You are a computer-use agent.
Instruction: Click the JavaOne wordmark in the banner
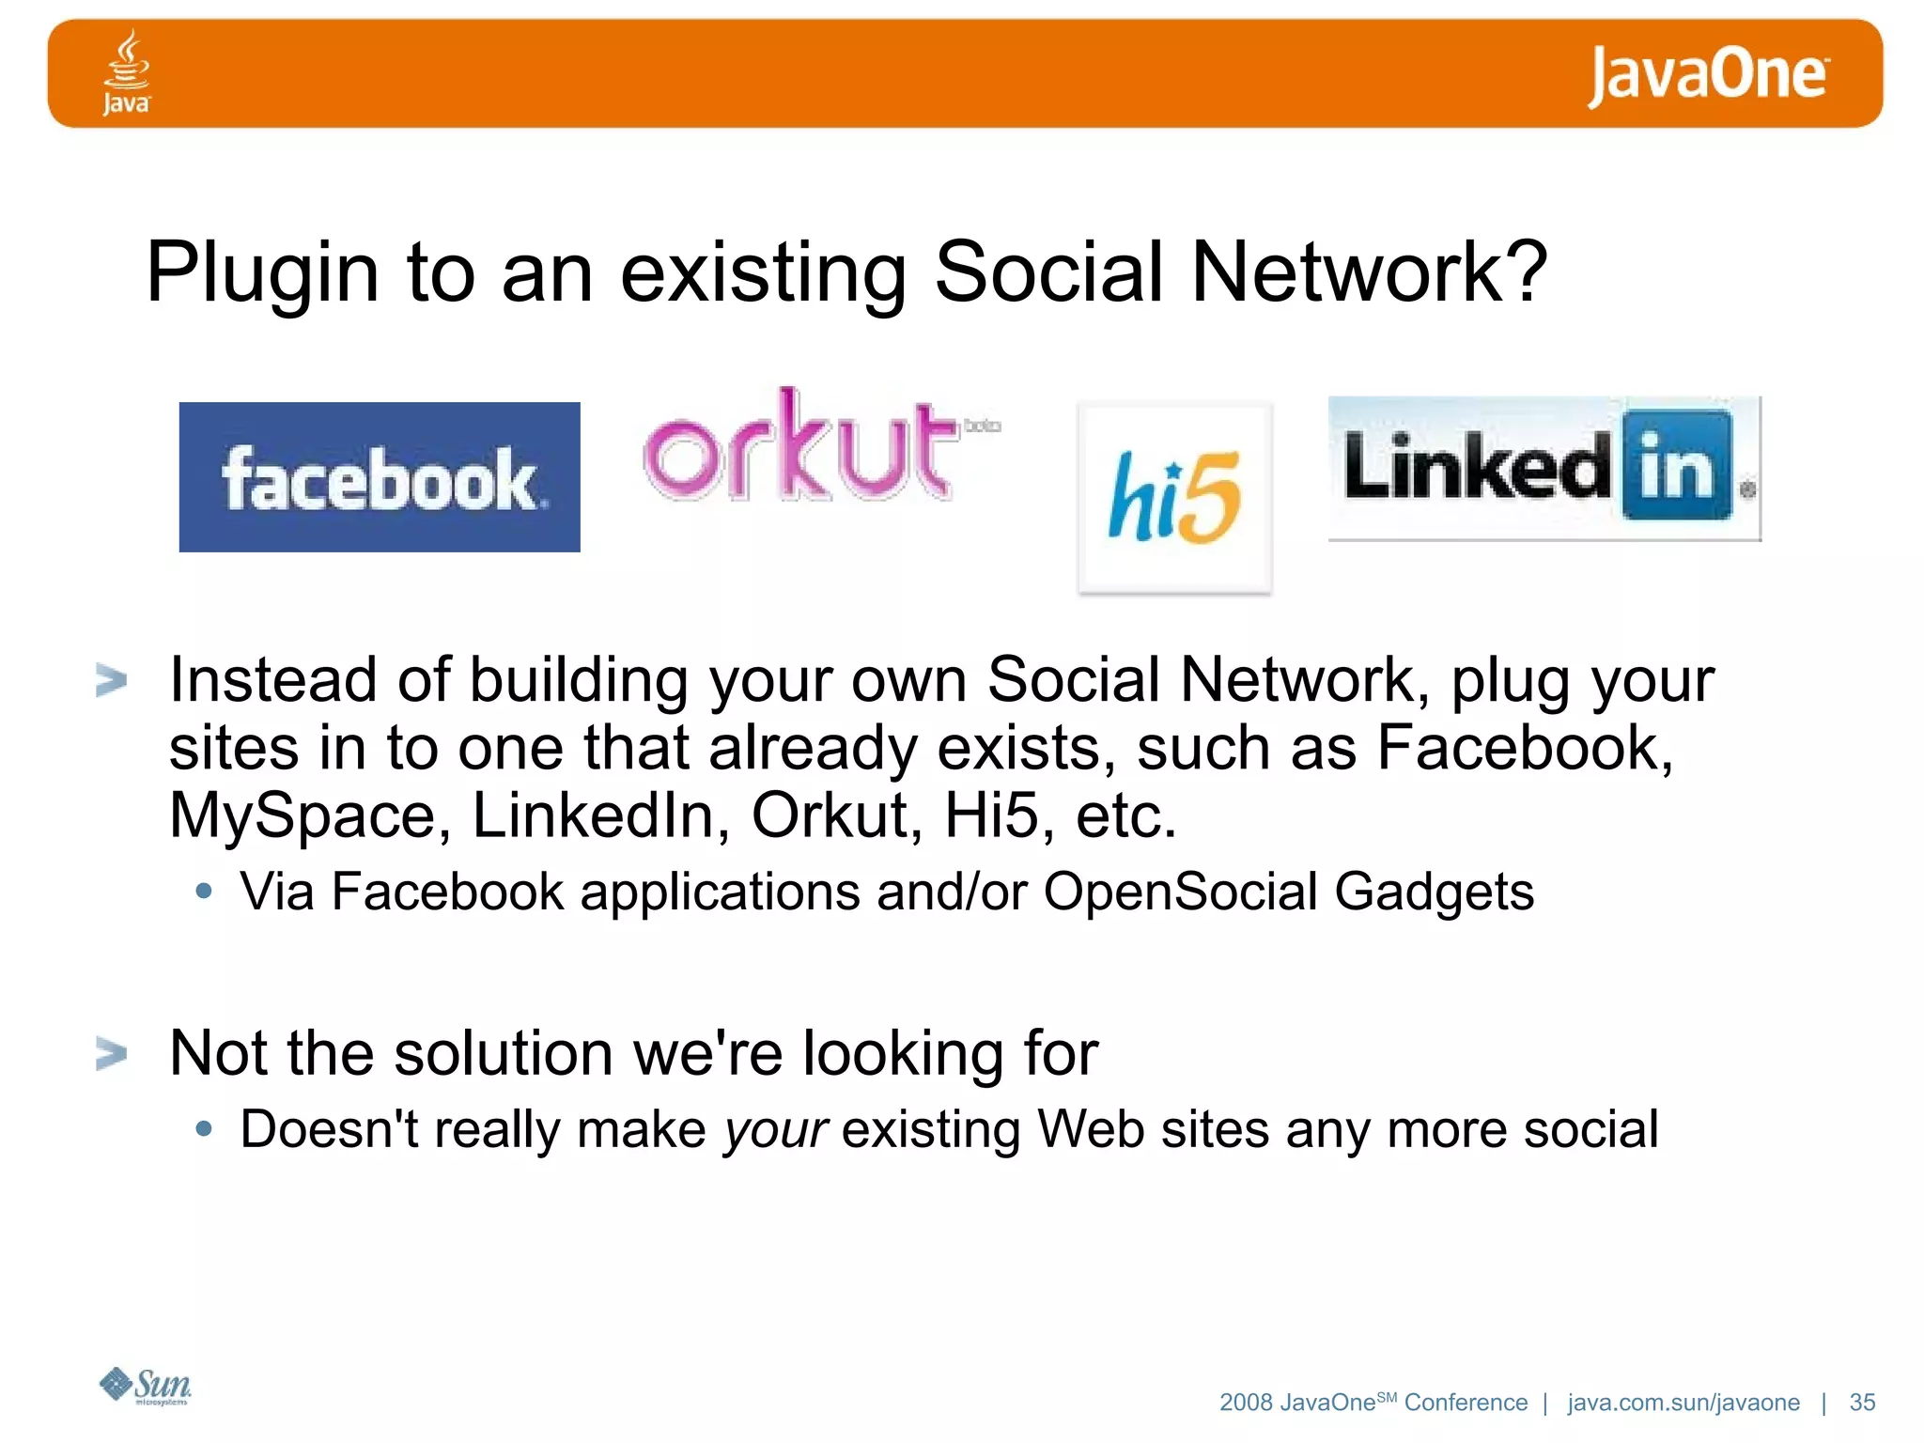coord(1708,75)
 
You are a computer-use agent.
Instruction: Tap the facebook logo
coord(380,477)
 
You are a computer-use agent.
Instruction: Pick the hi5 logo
coord(1174,498)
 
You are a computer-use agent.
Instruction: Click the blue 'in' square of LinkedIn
coord(1676,466)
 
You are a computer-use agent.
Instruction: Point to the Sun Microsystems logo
coord(147,1386)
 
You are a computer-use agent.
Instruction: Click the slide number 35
coord(1862,1403)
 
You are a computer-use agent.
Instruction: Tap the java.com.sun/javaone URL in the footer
coord(1683,1403)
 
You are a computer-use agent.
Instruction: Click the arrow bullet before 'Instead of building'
coord(111,680)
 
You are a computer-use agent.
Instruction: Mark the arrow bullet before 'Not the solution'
coord(111,1053)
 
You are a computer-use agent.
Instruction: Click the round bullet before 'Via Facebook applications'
coord(204,891)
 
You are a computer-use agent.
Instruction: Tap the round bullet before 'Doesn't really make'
coord(204,1128)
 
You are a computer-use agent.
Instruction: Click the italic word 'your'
coord(775,1130)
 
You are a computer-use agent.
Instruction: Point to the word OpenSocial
coord(1180,891)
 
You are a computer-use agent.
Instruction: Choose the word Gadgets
coord(1434,892)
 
